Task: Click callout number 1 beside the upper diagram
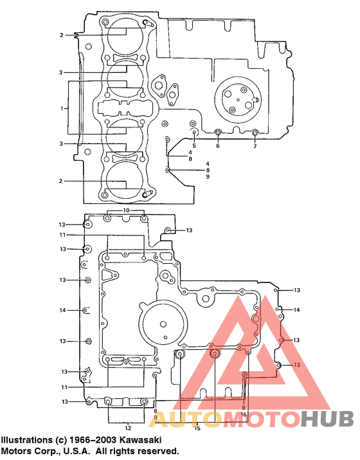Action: point(62,108)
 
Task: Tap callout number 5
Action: point(194,145)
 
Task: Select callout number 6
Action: point(217,146)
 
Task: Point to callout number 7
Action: point(255,147)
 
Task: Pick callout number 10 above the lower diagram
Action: point(126,210)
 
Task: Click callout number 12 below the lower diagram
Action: point(127,427)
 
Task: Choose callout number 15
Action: point(197,427)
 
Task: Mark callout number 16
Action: point(244,415)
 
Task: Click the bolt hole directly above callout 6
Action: point(217,133)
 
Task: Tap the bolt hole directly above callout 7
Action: point(255,133)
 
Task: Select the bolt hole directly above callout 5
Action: point(194,132)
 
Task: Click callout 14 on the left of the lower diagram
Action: point(62,310)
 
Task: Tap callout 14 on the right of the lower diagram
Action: point(296,310)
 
